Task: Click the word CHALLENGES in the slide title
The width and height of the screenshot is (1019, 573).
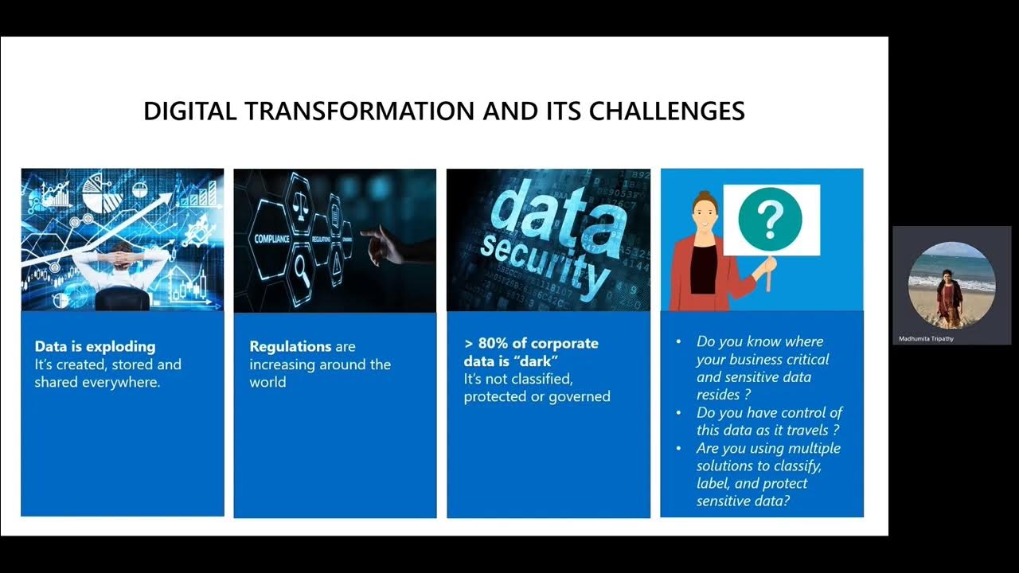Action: [x=666, y=111]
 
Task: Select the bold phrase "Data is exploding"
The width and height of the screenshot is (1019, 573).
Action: [x=95, y=347]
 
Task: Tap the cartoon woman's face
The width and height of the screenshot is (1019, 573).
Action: [x=705, y=211]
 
